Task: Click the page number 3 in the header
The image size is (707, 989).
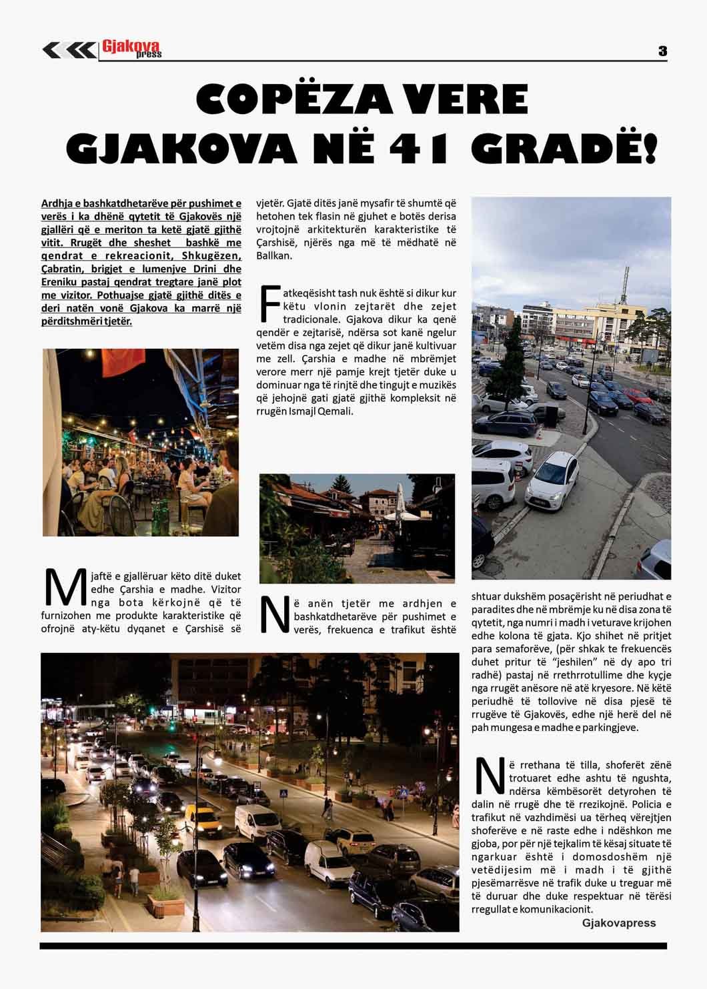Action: click(x=662, y=51)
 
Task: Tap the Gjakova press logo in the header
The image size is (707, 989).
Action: click(x=131, y=49)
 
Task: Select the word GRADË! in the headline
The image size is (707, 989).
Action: click(x=564, y=147)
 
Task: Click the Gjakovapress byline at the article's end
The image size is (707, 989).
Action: click(x=618, y=923)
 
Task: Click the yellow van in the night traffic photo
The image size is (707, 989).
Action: click(x=203, y=820)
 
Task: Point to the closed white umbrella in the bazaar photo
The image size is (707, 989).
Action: click(x=400, y=502)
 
